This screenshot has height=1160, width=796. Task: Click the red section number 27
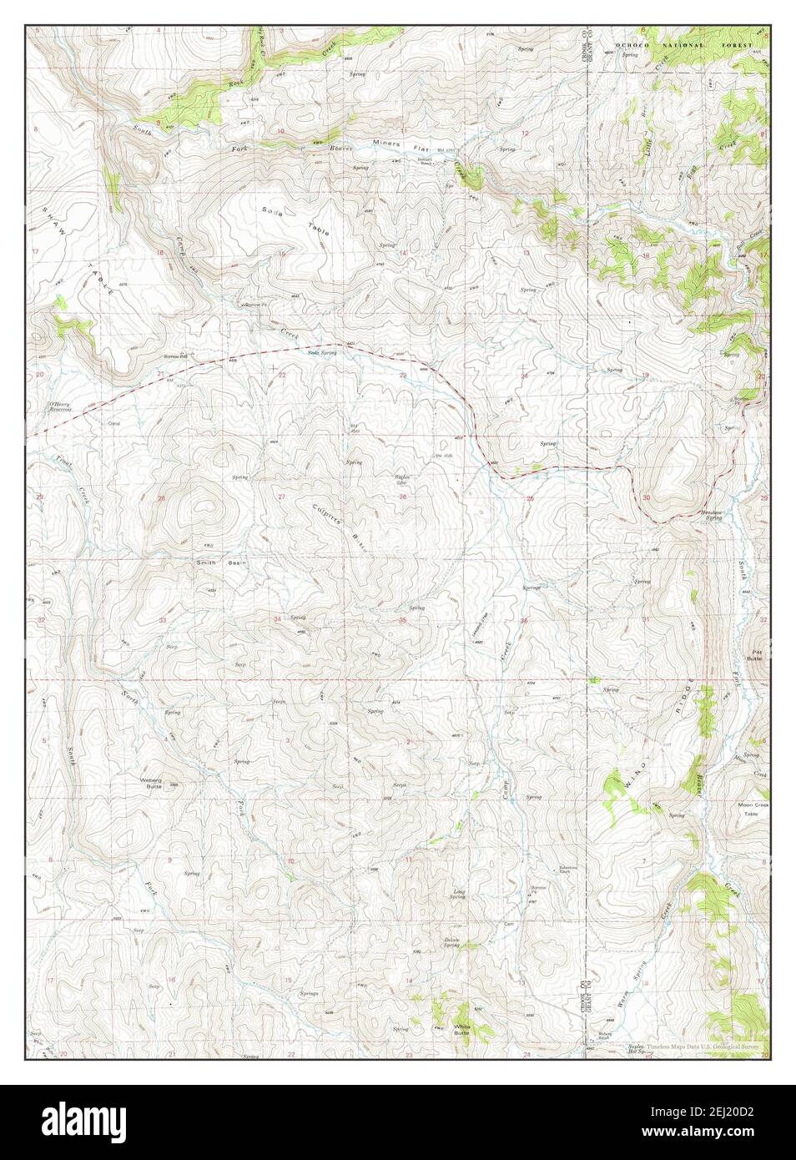(281, 497)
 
